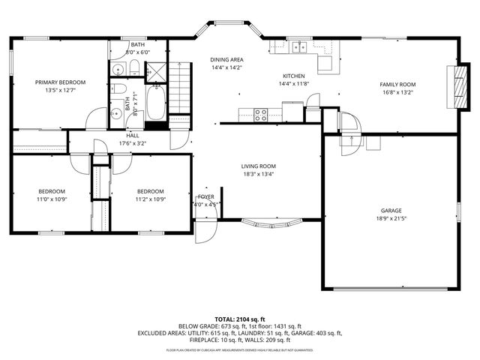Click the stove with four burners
pos(261,115)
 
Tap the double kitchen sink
pos(300,47)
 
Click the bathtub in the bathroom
pos(155,104)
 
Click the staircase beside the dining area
pos(180,87)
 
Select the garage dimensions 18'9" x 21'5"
pos(390,219)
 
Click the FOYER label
pos(205,196)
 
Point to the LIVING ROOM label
pos(258,166)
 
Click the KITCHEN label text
pos(293,76)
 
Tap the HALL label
pos(132,136)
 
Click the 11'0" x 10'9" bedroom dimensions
pos(52,199)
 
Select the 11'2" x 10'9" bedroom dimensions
pos(150,199)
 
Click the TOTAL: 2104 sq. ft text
pos(240,319)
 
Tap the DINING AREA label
pos(226,59)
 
